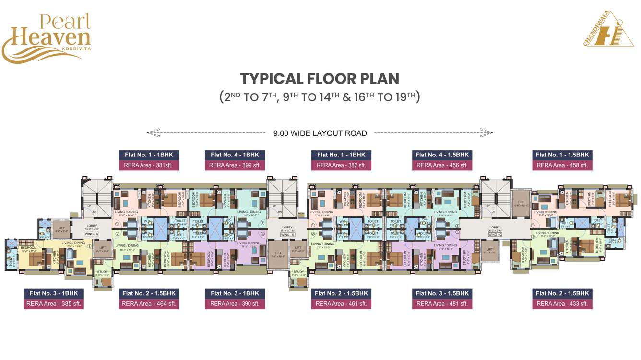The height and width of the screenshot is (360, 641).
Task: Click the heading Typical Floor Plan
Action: pos(320,79)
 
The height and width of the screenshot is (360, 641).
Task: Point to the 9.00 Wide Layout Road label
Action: pos(320,133)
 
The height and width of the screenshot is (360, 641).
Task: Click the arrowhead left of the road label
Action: pos(153,132)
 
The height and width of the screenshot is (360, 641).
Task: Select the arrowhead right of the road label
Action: pos(487,132)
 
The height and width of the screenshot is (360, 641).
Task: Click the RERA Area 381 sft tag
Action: pos(149,165)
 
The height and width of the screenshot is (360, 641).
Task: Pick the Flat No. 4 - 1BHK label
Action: pos(235,155)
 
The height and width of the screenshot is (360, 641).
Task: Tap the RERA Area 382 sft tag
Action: pos(341,165)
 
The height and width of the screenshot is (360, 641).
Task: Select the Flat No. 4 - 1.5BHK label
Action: pos(442,155)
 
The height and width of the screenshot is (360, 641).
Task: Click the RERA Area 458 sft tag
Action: pos(562,165)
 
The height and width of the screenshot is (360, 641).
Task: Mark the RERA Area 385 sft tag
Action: pos(53,304)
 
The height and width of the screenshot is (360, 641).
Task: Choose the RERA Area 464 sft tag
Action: pos(149,304)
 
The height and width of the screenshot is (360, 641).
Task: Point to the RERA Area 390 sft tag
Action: pos(235,304)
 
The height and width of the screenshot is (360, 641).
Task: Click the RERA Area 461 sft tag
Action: pos(341,304)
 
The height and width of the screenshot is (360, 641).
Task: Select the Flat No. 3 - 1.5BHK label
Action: pos(442,293)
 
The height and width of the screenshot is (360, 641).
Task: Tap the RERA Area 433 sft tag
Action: pos(562,304)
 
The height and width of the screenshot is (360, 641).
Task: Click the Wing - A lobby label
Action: pos(91,234)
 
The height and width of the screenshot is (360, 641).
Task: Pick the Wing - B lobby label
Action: pos(287,235)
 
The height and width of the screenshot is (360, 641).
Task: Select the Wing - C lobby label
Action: pos(494,235)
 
